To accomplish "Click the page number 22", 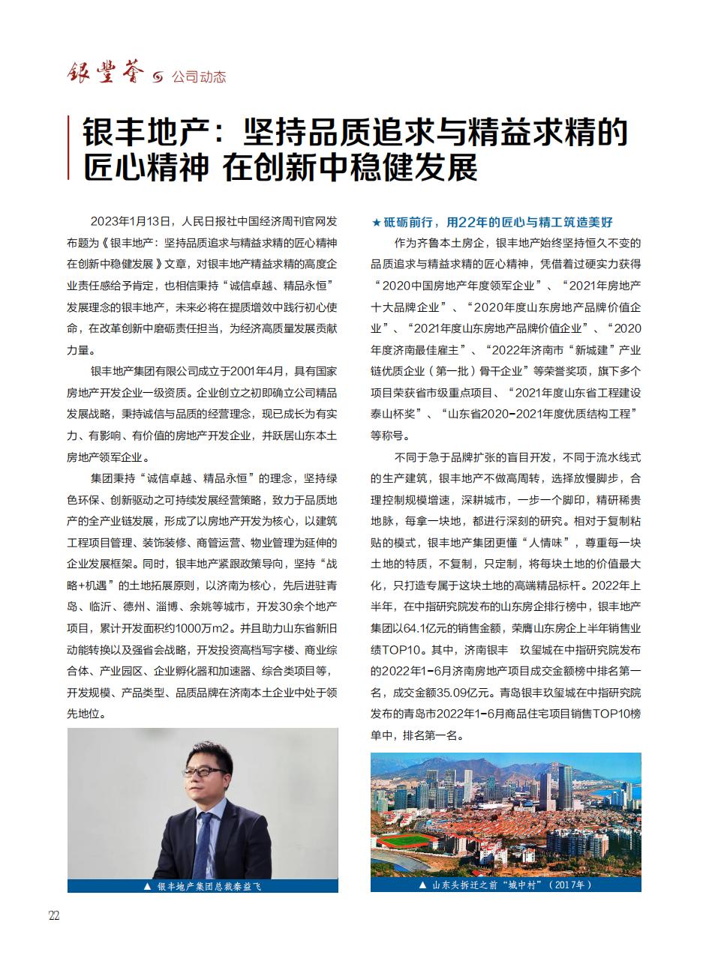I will [53, 916].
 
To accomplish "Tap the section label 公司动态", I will [199, 77].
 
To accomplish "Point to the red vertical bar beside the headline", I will [69, 148].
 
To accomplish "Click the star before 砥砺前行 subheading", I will [376, 223].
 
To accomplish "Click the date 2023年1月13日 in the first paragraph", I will [132, 222].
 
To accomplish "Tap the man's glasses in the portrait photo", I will [204, 771].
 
